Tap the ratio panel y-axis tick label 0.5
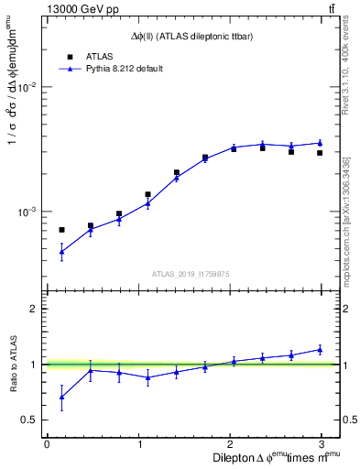coord(28,420)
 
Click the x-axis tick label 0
coord(47,444)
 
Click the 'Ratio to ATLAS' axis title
coord(12,364)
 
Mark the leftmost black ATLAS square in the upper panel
coord(61,230)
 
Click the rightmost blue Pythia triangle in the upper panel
coord(320,142)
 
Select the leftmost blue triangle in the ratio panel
coord(61,397)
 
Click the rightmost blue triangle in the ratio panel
coord(320,349)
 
